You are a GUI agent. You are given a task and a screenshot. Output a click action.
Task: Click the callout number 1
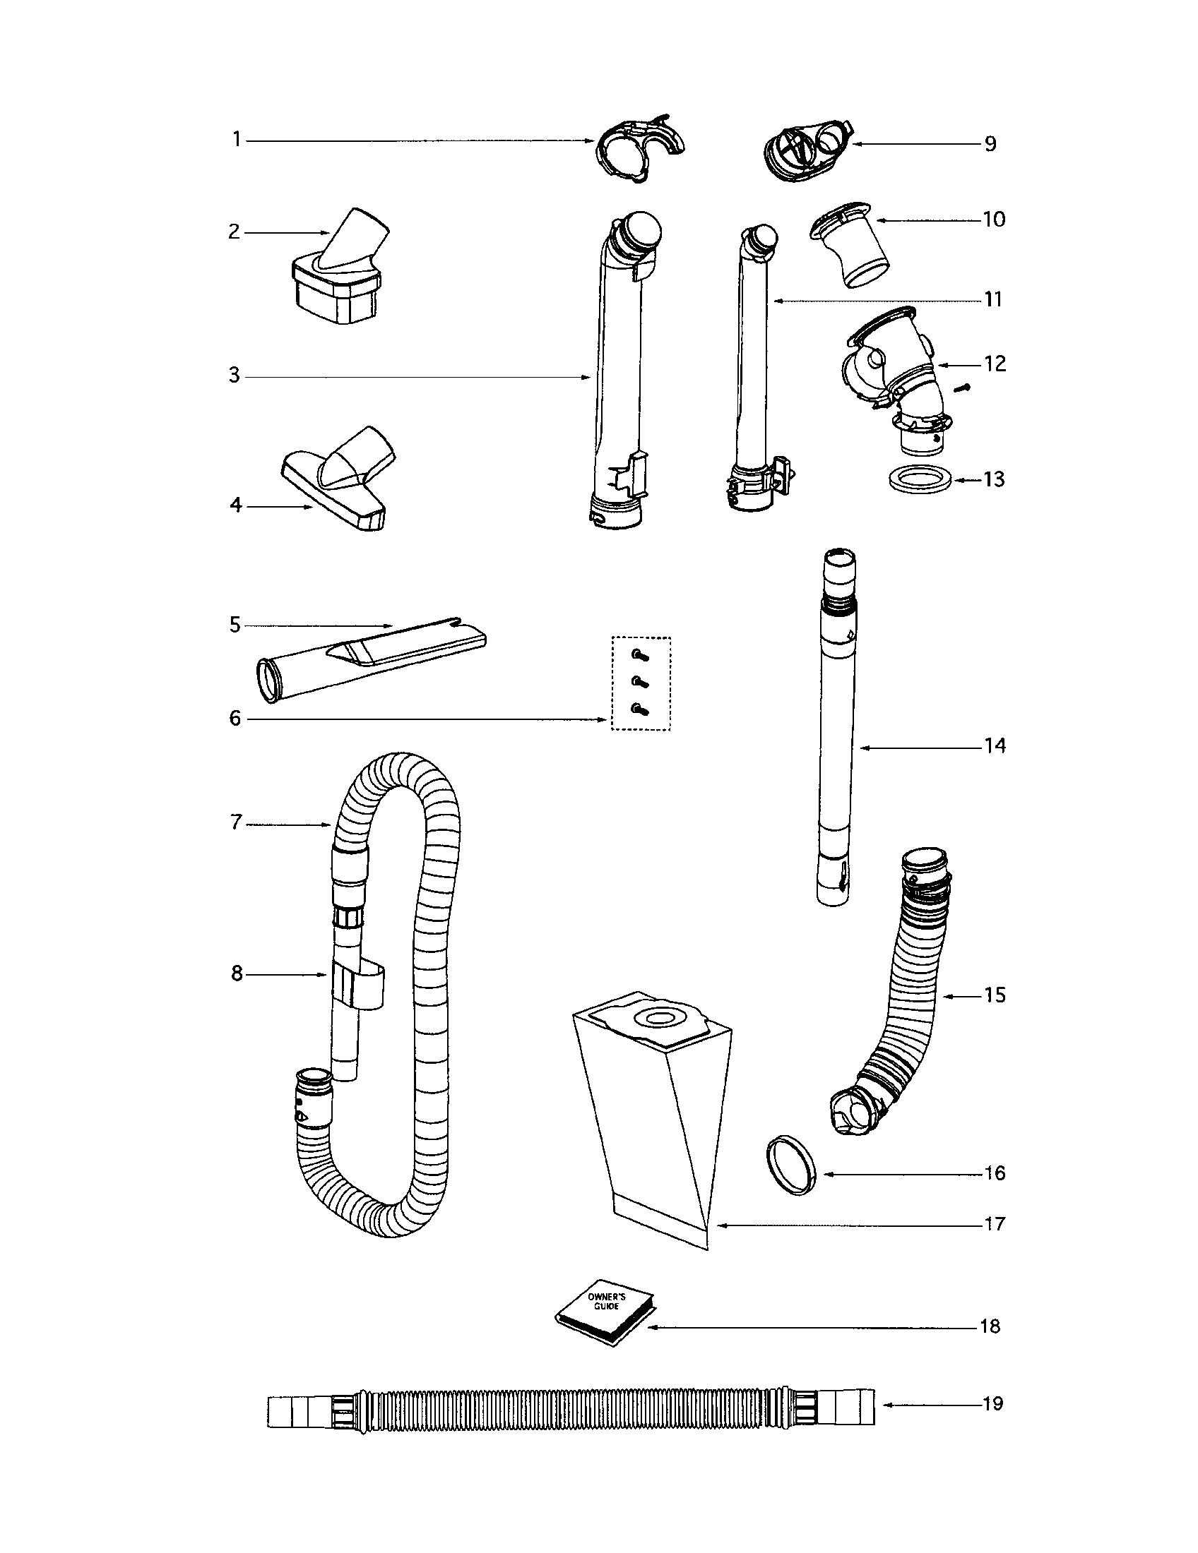click(x=237, y=140)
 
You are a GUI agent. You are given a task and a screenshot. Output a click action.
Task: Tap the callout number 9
click(x=990, y=144)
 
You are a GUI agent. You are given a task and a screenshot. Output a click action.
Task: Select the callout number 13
click(x=994, y=480)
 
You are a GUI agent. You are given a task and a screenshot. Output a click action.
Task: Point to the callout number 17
click(x=994, y=1224)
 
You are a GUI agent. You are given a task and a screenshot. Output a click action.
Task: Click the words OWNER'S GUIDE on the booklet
click(x=603, y=1302)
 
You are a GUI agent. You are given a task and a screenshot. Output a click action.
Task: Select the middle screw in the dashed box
click(x=640, y=681)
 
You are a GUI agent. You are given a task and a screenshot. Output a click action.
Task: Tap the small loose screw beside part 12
click(x=964, y=388)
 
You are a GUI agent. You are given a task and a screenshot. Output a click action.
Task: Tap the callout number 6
click(x=235, y=718)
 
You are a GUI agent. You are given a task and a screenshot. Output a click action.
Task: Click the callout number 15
click(x=994, y=995)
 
